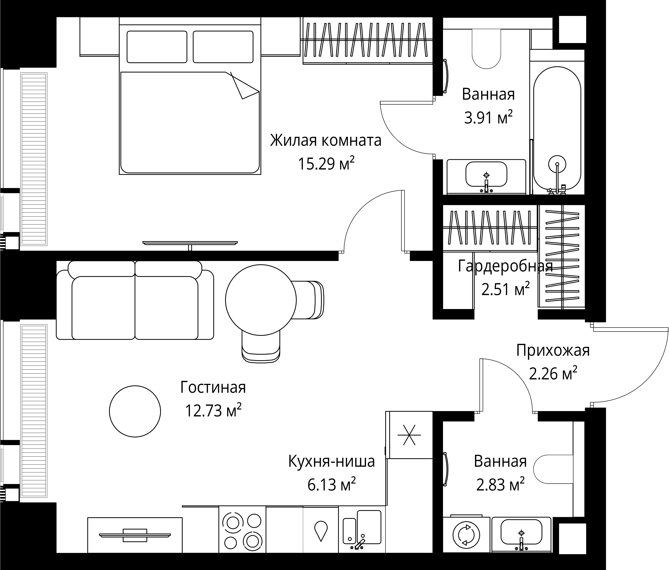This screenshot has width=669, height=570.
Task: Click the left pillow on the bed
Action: (x=157, y=47)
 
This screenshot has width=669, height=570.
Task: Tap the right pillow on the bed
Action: (x=223, y=47)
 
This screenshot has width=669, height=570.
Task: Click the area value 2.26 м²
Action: (x=553, y=374)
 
